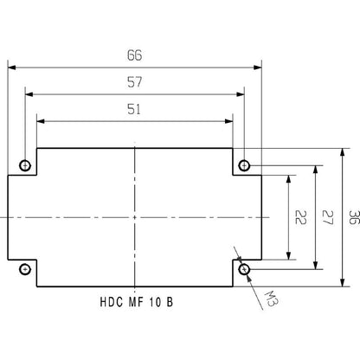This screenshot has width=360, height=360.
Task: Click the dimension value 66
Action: pos(134,55)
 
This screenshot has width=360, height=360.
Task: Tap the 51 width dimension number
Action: pos(134,109)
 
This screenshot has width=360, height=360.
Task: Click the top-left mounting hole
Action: pos(26,164)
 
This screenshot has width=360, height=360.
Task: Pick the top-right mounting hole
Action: pos(245,164)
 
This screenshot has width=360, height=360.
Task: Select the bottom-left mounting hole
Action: pos(26,269)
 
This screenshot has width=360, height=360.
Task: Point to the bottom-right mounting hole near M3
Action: pos(245,269)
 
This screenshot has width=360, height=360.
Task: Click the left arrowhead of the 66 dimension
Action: pos(12,65)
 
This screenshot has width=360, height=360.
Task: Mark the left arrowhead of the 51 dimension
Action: pos(39,119)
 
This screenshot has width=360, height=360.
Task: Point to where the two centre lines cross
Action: pos(135,216)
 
